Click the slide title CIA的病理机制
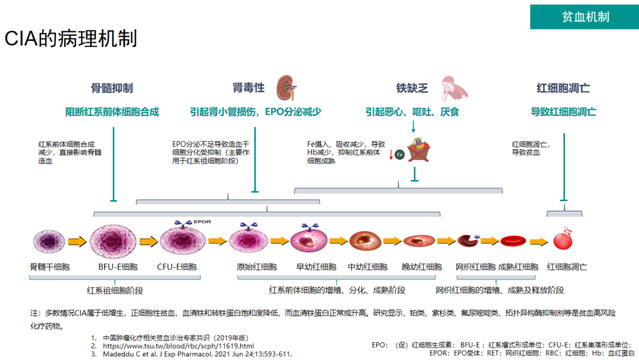click(71, 38)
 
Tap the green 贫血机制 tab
click(585, 17)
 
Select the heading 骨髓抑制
click(112, 88)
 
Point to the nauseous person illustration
click(453, 87)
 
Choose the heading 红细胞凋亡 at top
click(563, 88)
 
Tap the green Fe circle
click(399, 155)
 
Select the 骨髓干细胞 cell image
click(49, 241)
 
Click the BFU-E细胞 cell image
click(113, 240)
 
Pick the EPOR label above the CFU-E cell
click(202, 222)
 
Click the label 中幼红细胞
click(367, 267)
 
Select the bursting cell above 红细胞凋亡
click(563, 239)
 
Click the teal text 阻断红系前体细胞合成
click(112, 112)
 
